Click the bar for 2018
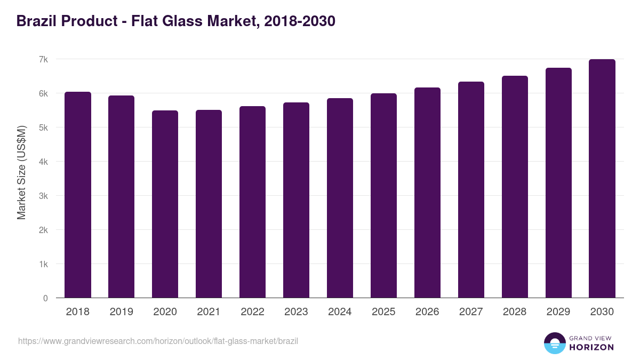pyautogui.click(x=78, y=195)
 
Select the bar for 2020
pyautogui.click(x=165, y=204)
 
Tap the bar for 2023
pyautogui.click(x=297, y=200)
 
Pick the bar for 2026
pyautogui.click(x=428, y=193)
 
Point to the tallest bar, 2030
pyautogui.click(x=602, y=179)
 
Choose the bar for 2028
pyautogui.click(x=515, y=187)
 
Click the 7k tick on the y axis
pyautogui.click(x=43, y=59)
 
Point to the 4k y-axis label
pyautogui.click(x=43, y=162)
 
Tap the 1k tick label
pyautogui.click(x=43, y=264)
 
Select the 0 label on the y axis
pyautogui.click(x=45, y=298)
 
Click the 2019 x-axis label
pyautogui.click(x=122, y=312)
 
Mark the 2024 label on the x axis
pyautogui.click(x=340, y=312)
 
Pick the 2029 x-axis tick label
pyautogui.click(x=558, y=312)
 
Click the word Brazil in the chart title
pyautogui.click(x=36, y=21)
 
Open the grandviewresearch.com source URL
pyautogui.click(x=158, y=341)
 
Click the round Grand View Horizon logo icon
pyautogui.click(x=555, y=343)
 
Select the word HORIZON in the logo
pyautogui.click(x=591, y=347)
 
